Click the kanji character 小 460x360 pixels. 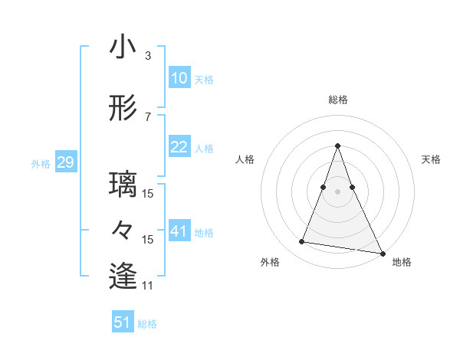(x=123, y=48)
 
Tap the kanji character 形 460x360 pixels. (x=123, y=109)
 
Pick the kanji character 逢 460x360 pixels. (x=123, y=277)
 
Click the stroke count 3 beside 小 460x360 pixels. (x=148, y=55)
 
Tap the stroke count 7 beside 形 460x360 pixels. (x=148, y=116)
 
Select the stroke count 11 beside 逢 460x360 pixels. (x=149, y=285)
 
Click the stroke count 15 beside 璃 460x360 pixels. (x=149, y=193)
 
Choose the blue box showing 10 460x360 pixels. (x=179, y=78)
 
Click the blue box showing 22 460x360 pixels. (x=179, y=147)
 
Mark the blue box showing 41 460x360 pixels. (x=179, y=231)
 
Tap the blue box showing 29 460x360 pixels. (x=65, y=162)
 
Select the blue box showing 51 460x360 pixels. (x=123, y=322)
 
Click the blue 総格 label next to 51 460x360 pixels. (x=147, y=324)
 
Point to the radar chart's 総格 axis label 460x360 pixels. (x=337, y=100)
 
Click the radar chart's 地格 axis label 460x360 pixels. (x=402, y=262)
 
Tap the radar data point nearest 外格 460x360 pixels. (x=301, y=242)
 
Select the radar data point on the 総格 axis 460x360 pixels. (x=337, y=146)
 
